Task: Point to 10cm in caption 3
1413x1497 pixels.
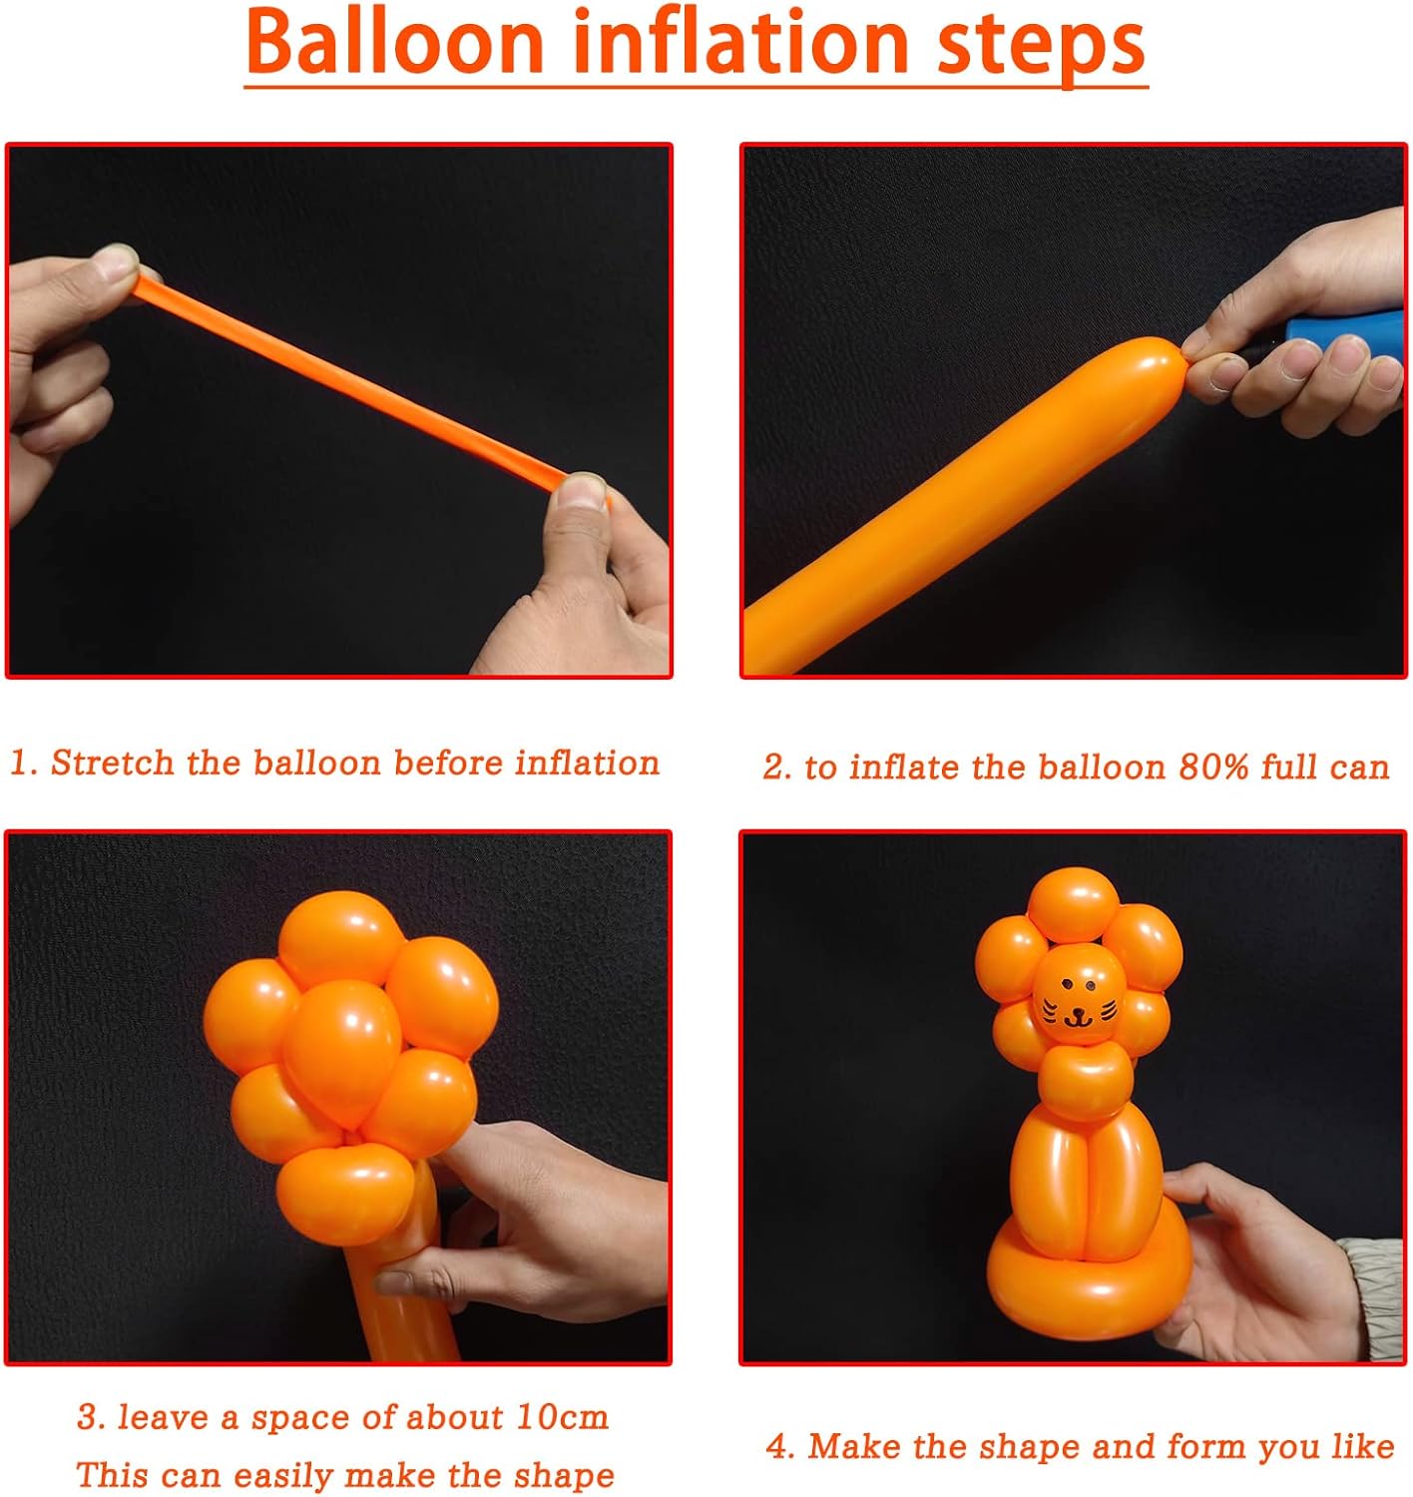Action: (562, 1417)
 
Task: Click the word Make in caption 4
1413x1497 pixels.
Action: (857, 1446)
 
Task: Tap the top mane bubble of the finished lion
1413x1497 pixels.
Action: (1073, 903)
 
